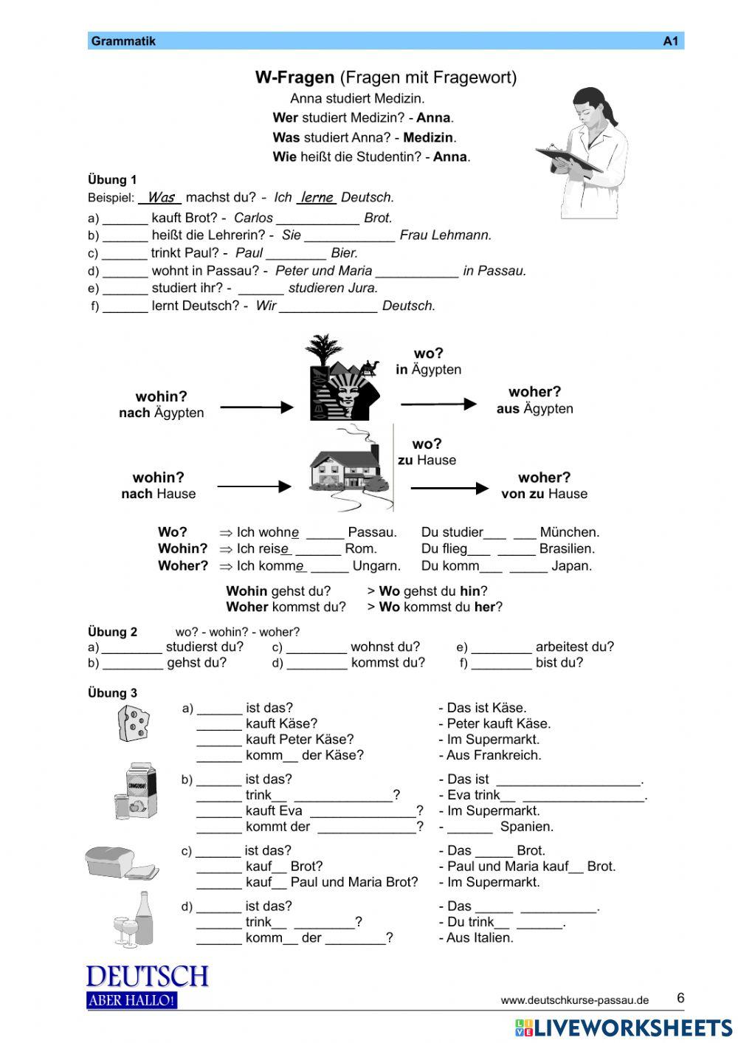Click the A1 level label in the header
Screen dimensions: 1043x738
pyautogui.click(x=669, y=41)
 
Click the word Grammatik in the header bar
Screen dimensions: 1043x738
pyautogui.click(x=123, y=41)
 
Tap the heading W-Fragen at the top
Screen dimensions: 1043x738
pyautogui.click(x=294, y=77)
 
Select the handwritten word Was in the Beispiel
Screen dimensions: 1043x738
pyautogui.click(x=160, y=197)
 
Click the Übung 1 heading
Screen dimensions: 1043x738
pyautogui.click(x=112, y=179)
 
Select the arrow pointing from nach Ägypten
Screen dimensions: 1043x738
pyautogui.click(x=256, y=407)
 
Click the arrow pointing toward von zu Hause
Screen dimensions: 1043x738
pyautogui.click(x=449, y=488)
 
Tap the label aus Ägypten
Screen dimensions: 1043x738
pyautogui.click(x=534, y=409)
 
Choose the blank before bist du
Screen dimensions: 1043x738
pyautogui.click(x=501, y=663)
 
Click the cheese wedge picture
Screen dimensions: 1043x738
pyautogui.click(x=133, y=723)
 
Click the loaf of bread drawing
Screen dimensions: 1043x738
pyautogui.click(x=120, y=862)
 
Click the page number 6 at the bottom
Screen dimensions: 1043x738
pyautogui.click(x=680, y=998)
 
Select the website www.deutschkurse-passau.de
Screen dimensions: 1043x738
pyautogui.click(x=574, y=1000)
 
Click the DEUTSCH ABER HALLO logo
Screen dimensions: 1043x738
pyautogui.click(x=147, y=985)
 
